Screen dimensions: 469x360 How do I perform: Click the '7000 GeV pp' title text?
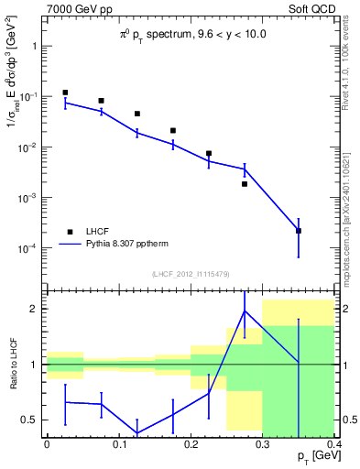point(77,10)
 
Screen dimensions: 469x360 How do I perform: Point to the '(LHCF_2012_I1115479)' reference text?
point(191,274)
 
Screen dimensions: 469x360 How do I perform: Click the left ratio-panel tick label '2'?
point(35,309)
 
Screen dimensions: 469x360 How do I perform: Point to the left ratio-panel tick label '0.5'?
point(29,420)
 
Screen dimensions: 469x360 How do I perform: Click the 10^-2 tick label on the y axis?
point(27,147)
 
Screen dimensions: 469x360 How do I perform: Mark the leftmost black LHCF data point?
point(65,93)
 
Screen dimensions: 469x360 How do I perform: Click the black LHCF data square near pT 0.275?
point(245,184)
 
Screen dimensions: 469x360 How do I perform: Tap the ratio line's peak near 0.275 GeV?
point(245,311)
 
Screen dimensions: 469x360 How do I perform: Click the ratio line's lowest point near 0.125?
point(137,432)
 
